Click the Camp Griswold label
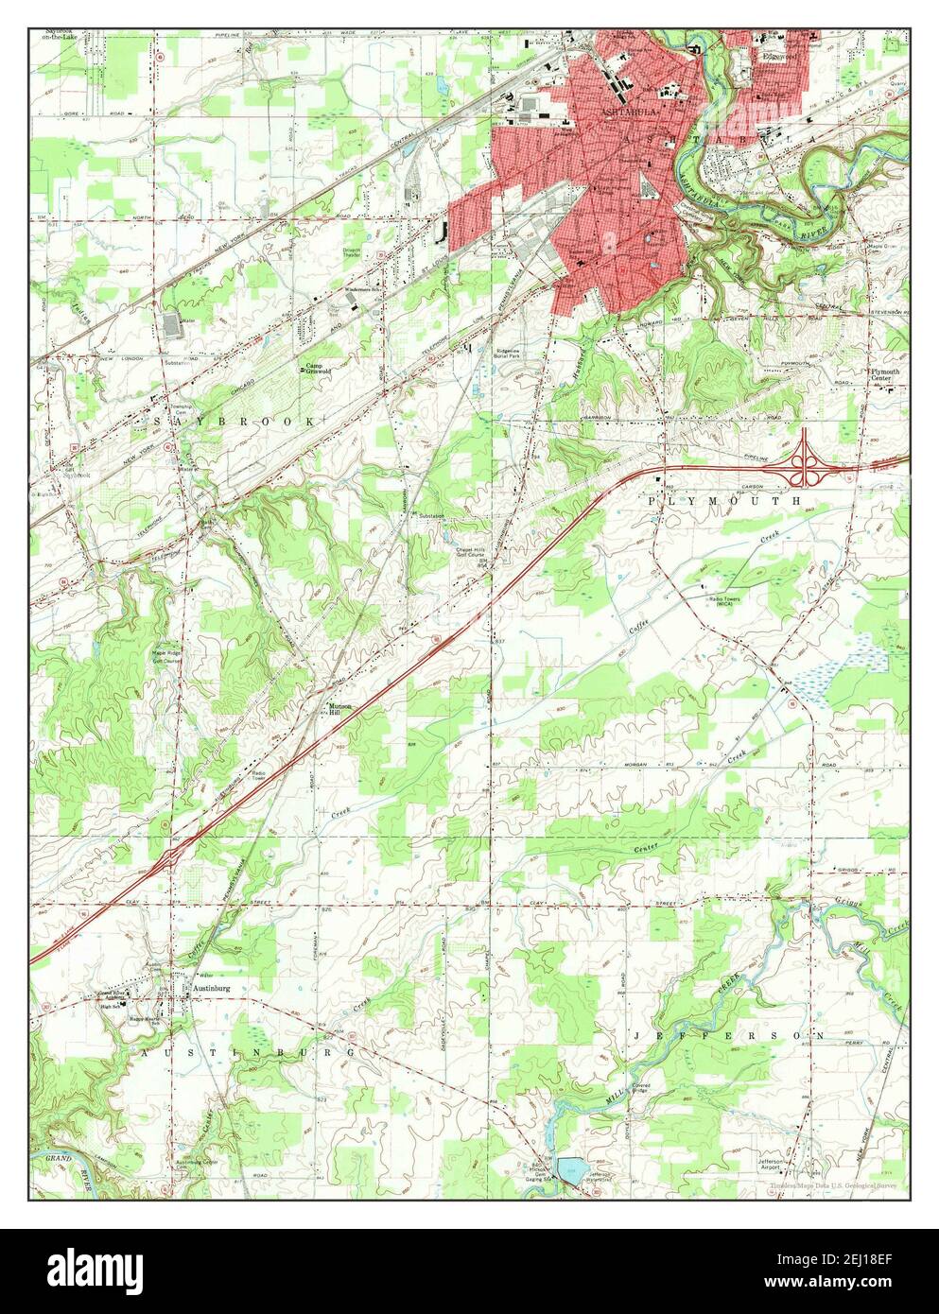click(317, 370)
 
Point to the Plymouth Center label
click(884, 375)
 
